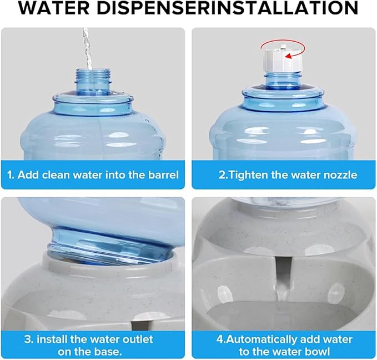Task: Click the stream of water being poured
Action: click(x=86, y=47)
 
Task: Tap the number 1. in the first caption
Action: click(x=11, y=174)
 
